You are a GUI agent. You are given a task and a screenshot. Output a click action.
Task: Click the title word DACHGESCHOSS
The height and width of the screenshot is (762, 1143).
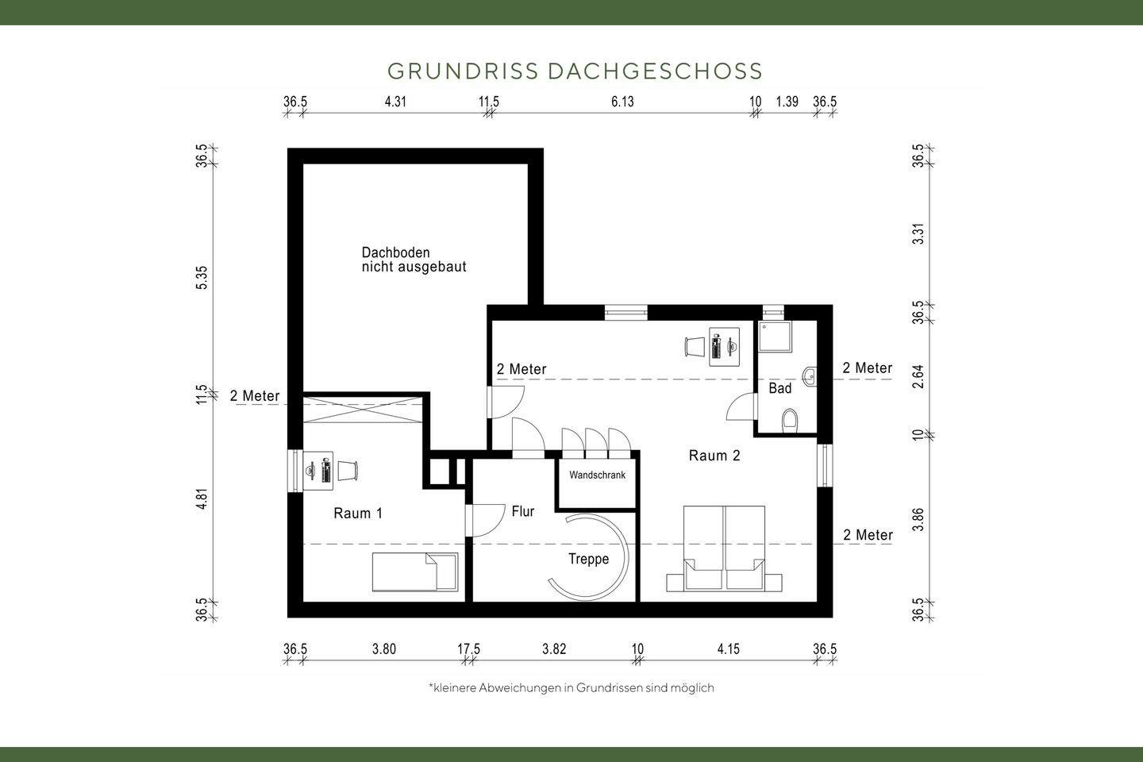(x=655, y=71)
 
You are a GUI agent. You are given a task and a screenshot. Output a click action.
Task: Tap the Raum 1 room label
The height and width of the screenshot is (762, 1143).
(x=358, y=514)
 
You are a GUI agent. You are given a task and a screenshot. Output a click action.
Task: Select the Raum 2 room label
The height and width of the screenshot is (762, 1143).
(x=714, y=456)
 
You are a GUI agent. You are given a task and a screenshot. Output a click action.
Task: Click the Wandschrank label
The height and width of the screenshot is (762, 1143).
(x=597, y=475)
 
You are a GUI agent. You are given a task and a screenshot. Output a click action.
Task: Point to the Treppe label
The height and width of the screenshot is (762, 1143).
(x=588, y=559)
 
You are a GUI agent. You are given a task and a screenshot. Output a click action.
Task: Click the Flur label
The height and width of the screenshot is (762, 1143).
(x=523, y=512)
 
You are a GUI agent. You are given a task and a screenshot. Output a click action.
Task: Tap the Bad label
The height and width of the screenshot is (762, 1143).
(x=779, y=388)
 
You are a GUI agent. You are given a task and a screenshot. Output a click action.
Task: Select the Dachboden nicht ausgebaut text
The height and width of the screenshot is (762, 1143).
(x=414, y=260)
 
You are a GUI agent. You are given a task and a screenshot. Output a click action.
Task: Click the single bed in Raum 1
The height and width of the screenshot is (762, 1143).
(x=415, y=571)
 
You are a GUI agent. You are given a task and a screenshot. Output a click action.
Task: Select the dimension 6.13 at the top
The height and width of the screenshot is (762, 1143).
(x=622, y=102)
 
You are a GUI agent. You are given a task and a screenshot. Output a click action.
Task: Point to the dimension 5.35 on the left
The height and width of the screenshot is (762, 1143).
(x=202, y=277)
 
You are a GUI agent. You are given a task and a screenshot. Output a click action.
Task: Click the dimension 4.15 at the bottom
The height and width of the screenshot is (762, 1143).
(x=728, y=649)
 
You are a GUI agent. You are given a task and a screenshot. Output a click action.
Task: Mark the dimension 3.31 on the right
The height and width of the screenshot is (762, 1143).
(x=918, y=235)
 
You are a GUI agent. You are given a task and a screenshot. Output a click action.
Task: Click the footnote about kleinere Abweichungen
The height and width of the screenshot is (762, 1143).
(x=571, y=687)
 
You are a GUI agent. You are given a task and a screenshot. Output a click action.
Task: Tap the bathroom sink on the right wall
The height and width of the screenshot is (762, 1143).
(x=809, y=376)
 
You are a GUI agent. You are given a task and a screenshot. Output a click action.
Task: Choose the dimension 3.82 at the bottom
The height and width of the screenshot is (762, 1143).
(x=554, y=649)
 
